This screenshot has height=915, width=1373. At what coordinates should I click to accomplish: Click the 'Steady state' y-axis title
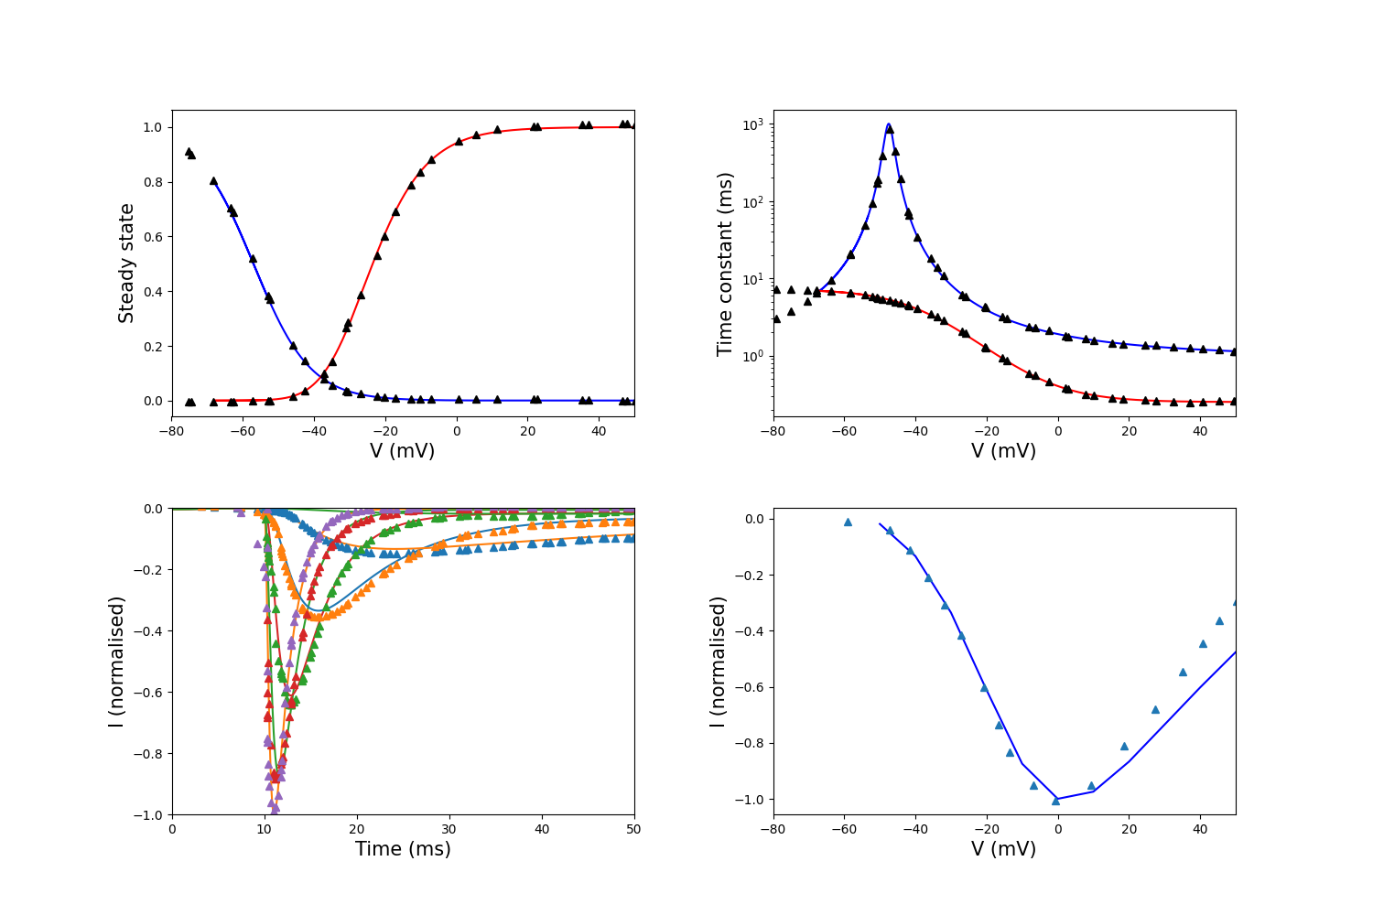pos(125,264)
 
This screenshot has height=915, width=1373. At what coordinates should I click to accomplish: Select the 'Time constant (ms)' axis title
pos(725,264)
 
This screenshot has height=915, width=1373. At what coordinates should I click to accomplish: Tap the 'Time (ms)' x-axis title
pos(403,849)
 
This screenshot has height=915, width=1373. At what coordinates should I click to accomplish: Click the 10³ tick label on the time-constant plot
pos(752,125)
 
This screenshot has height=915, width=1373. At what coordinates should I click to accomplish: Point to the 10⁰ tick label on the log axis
pos(752,356)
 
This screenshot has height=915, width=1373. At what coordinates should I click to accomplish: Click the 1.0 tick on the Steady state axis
pos(153,127)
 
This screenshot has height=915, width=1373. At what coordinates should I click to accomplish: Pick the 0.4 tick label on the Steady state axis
pos(153,292)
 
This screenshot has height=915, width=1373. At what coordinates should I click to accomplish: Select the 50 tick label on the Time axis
pos(633,829)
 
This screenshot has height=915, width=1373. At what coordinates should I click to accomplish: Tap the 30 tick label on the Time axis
pos(449,829)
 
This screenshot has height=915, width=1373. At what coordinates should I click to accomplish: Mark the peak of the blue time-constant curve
pos(888,124)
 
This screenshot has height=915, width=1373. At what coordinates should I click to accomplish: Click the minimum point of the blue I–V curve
pos(1056,799)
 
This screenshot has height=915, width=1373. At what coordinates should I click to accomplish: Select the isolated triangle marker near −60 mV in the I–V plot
pos(848,522)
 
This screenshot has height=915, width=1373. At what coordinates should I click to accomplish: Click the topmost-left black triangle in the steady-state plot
pos(189,152)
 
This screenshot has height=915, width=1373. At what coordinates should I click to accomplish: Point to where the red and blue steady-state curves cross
pos(322,375)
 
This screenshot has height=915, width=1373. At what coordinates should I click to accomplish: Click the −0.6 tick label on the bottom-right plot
pos(750,688)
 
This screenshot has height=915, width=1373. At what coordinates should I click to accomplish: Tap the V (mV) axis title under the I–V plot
pos(1003,849)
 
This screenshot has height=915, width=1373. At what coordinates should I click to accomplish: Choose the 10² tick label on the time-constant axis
pos(752,202)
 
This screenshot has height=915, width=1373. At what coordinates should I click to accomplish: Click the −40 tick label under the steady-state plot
pos(315,432)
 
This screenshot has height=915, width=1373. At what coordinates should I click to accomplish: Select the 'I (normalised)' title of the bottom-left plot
pos(116,662)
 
